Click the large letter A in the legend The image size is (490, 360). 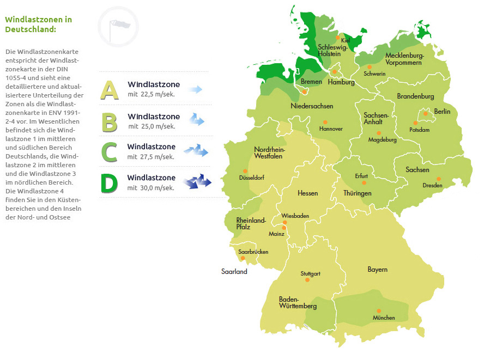[x=110, y=90]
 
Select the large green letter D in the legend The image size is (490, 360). [x=110, y=183]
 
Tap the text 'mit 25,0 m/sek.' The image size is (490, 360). [x=152, y=126]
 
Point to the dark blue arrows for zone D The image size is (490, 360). [x=197, y=181]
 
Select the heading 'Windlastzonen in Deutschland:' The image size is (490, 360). [x=38, y=24]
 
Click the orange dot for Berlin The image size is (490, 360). [x=426, y=114]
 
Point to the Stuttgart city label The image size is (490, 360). [x=310, y=273]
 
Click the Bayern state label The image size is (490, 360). [x=377, y=270]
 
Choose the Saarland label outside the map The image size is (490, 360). [x=234, y=271]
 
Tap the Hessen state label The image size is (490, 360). [x=307, y=193]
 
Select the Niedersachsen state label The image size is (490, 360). [x=312, y=106]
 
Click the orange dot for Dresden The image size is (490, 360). [x=438, y=179]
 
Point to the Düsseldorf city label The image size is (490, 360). [x=251, y=178]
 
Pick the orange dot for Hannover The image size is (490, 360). [x=325, y=122]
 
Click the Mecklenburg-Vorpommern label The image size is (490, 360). [x=403, y=59]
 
